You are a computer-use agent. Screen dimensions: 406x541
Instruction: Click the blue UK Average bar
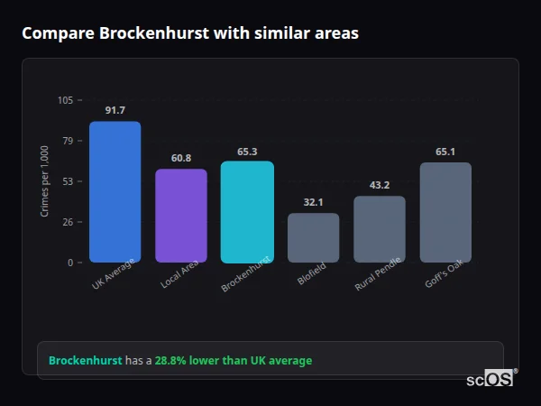click(x=115, y=192)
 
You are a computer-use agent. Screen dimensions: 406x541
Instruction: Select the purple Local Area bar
click(x=180, y=216)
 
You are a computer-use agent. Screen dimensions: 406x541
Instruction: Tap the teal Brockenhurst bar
click(x=247, y=212)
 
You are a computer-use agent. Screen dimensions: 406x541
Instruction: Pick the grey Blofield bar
click(x=313, y=237)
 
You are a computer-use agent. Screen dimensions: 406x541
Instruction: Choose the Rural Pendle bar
click(x=380, y=229)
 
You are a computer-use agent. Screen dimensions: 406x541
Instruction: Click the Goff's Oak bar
click(x=445, y=212)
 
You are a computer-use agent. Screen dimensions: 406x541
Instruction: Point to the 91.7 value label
click(x=115, y=110)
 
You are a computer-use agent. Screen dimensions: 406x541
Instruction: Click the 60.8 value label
click(x=180, y=158)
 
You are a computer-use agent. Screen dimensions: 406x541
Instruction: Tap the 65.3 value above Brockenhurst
click(x=247, y=152)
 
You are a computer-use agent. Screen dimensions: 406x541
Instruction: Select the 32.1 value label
click(x=313, y=202)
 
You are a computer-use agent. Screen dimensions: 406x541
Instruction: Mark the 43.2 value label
click(x=380, y=185)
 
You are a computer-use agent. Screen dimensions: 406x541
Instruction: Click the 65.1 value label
click(x=445, y=152)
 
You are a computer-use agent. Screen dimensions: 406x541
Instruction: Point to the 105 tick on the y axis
click(x=65, y=100)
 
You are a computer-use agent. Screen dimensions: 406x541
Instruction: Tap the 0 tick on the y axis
click(x=69, y=263)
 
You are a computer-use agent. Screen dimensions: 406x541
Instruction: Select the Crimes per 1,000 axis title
click(x=45, y=180)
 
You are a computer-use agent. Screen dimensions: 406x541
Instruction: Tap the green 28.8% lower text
click(x=233, y=361)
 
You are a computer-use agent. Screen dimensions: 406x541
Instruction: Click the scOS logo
click(x=490, y=379)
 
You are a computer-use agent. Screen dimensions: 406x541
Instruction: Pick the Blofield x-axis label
click(x=311, y=274)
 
